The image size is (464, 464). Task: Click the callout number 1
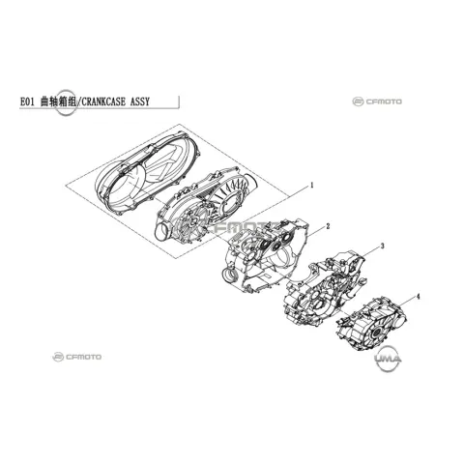click(x=311, y=185)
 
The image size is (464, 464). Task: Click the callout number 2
click(x=328, y=226)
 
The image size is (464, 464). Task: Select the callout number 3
click(x=383, y=246)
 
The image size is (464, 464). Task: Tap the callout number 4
click(x=419, y=297)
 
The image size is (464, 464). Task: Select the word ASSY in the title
click(x=140, y=101)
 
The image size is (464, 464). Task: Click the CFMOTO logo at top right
click(x=377, y=101)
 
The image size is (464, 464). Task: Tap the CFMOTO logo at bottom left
click(x=76, y=357)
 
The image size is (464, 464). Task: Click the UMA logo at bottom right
click(x=388, y=359)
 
